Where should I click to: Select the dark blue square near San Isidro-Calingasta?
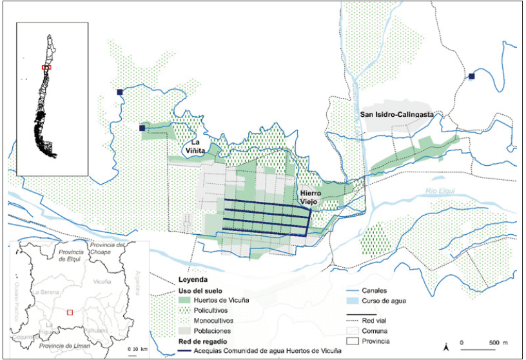click(x=472, y=76)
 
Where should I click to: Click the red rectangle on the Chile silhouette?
click(x=46, y=67)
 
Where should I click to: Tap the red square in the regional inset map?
click(x=70, y=312)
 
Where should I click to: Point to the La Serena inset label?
click(x=48, y=292)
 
